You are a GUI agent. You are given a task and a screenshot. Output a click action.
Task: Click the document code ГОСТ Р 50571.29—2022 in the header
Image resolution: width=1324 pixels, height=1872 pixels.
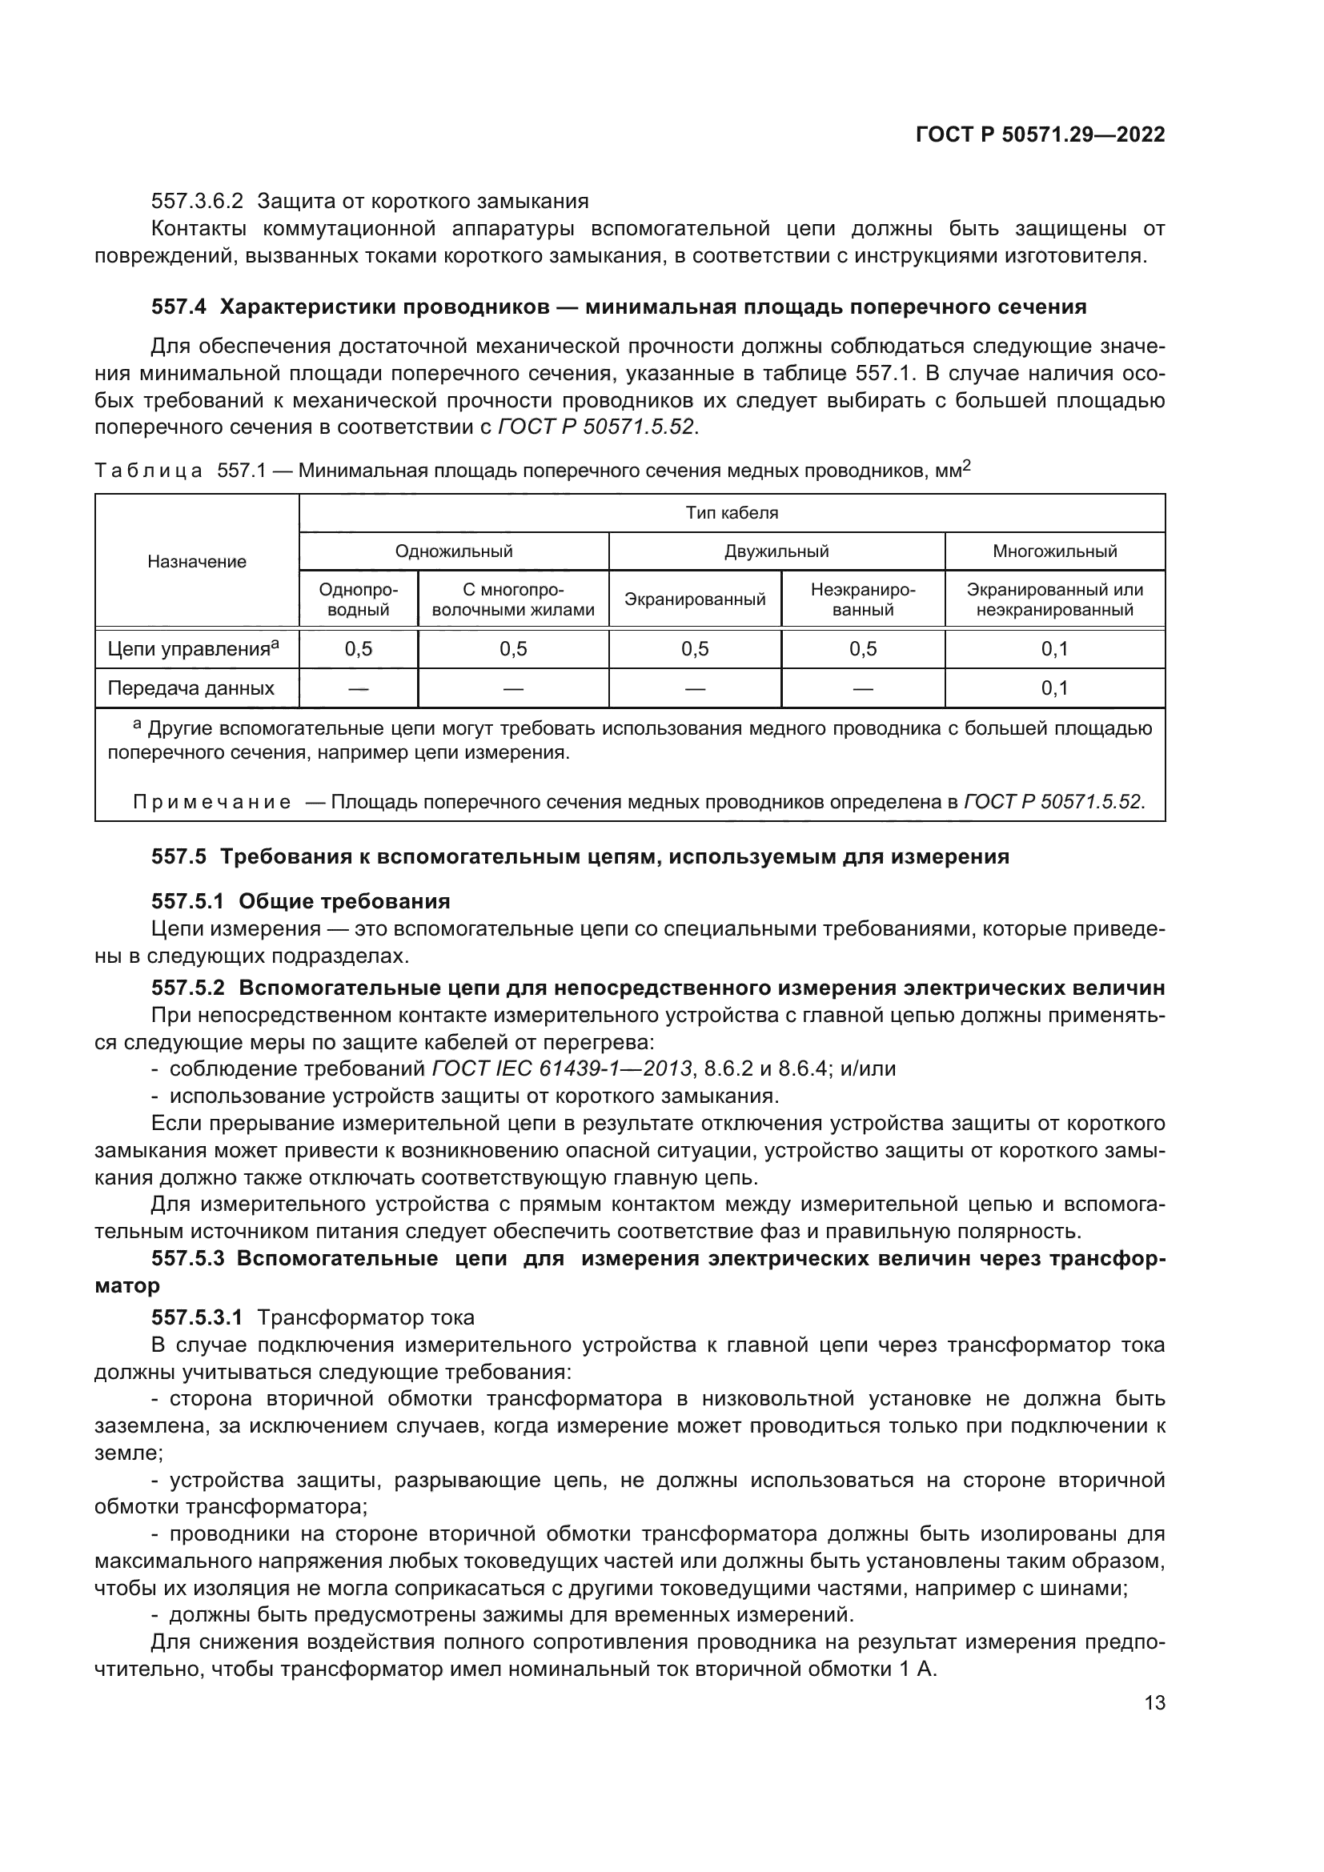click(x=1040, y=135)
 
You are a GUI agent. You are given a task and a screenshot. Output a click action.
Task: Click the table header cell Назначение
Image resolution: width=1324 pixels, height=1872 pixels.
click(x=196, y=562)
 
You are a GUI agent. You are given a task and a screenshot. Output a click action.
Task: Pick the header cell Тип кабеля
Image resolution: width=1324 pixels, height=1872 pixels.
click(x=732, y=513)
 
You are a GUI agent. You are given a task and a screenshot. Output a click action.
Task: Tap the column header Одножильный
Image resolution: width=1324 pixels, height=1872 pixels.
click(x=453, y=551)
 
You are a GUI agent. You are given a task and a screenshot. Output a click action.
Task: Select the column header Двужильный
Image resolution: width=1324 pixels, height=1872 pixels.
click(x=776, y=551)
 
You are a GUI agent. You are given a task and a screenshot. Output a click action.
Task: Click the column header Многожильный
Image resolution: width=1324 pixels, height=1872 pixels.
click(x=1054, y=551)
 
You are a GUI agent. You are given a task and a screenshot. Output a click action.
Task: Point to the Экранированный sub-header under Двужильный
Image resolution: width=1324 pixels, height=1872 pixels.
click(x=695, y=599)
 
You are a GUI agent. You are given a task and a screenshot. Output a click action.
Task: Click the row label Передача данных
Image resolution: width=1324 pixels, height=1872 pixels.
click(x=191, y=688)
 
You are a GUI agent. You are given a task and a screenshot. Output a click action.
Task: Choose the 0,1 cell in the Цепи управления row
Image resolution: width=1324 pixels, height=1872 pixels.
click(x=1054, y=649)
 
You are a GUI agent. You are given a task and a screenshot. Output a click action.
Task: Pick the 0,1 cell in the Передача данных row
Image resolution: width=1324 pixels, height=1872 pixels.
click(x=1054, y=688)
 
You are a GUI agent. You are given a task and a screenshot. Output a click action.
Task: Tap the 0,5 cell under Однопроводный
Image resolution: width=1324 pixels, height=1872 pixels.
click(x=358, y=649)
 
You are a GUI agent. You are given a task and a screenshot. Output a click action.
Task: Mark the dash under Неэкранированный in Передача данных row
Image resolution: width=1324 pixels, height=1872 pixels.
click(x=863, y=689)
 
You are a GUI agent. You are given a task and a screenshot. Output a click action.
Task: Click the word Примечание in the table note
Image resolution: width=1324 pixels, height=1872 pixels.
click(x=212, y=802)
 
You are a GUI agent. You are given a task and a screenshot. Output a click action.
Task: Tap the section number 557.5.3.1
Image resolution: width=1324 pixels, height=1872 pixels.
click(x=196, y=1317)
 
